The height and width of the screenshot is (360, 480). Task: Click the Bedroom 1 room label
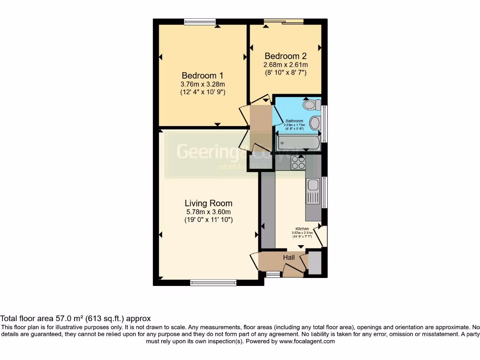202,75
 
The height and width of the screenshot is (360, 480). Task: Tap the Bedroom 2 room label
285,56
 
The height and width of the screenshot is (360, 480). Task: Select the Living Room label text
209,203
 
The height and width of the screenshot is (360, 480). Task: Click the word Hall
289,257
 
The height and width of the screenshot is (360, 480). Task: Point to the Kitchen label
302,229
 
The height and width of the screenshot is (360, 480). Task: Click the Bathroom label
295,121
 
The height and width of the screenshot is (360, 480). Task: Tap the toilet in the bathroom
311,105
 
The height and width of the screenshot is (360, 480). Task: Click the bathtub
298,142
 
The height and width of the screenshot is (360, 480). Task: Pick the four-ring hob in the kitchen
298,162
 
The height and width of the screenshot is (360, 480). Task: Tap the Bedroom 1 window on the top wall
200,21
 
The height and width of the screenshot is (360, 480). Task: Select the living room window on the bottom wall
213,283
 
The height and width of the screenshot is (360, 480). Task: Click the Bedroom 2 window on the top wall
283,21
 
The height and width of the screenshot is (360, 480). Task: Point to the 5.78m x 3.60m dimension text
209,212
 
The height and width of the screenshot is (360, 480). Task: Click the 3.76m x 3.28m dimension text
202,84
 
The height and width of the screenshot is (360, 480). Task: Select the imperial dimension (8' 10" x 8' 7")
285,73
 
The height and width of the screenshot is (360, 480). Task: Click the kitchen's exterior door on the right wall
322,236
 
